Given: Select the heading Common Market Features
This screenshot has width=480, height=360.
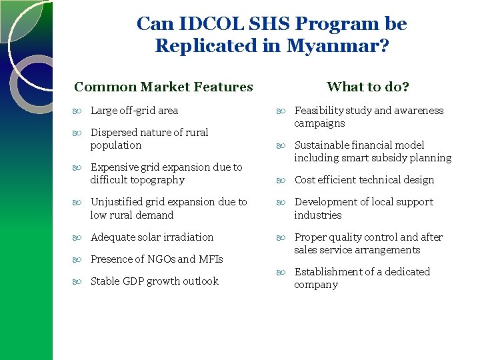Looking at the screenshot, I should pos(163,87).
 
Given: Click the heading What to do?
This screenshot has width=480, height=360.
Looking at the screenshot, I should pos(368,87).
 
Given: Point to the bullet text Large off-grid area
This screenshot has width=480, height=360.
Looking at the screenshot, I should pos(134,111).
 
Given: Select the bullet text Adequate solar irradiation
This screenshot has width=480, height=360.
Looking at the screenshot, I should pos(152,237).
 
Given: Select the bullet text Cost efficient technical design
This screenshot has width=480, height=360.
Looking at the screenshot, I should pos(364,180).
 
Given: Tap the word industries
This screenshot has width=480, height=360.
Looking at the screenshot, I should pos(318,215).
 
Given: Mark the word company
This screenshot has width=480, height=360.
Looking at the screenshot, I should pos(316,285).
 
